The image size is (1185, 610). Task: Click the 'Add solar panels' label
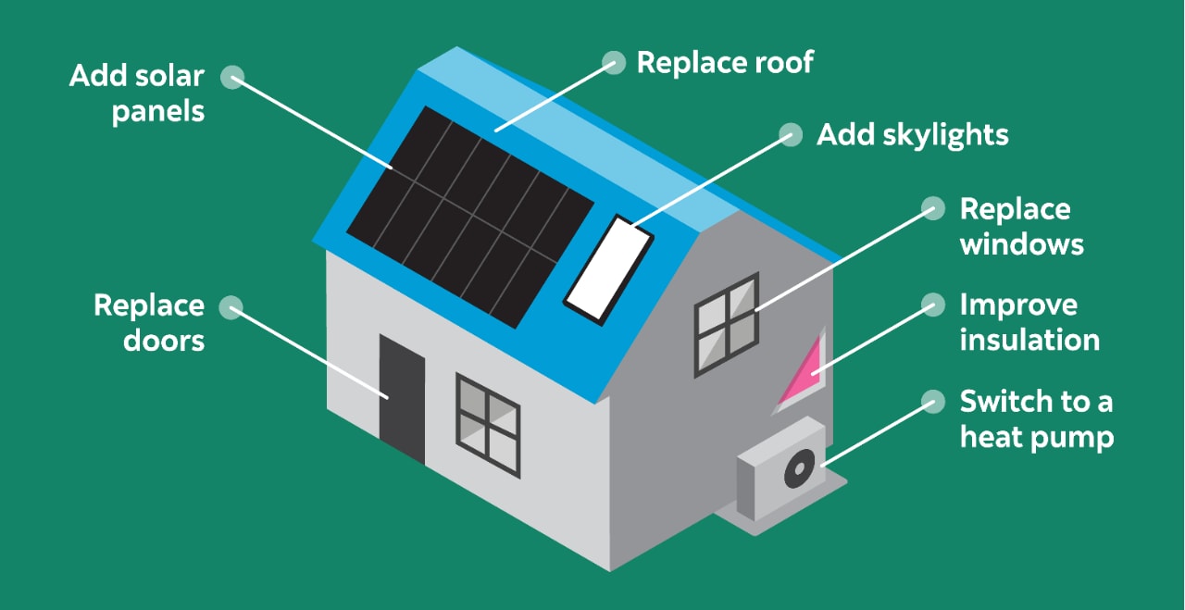[137, 93]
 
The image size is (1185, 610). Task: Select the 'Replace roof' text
[725, 62]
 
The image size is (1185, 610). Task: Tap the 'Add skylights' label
[912, 134]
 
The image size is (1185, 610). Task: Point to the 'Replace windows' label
[1021, 226]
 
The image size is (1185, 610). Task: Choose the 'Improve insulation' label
[1029, 321]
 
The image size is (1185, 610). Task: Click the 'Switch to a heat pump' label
[1036, 418]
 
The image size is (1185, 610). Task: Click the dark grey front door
[402, 399]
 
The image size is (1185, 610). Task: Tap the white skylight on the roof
[608, 269]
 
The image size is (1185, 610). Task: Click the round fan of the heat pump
[799, 469]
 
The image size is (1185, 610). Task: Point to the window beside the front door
[488, 425]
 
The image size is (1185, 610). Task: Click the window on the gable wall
[727, 324]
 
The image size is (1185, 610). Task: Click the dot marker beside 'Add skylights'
[791, 134]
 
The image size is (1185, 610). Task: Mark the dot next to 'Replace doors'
[231, 305]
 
